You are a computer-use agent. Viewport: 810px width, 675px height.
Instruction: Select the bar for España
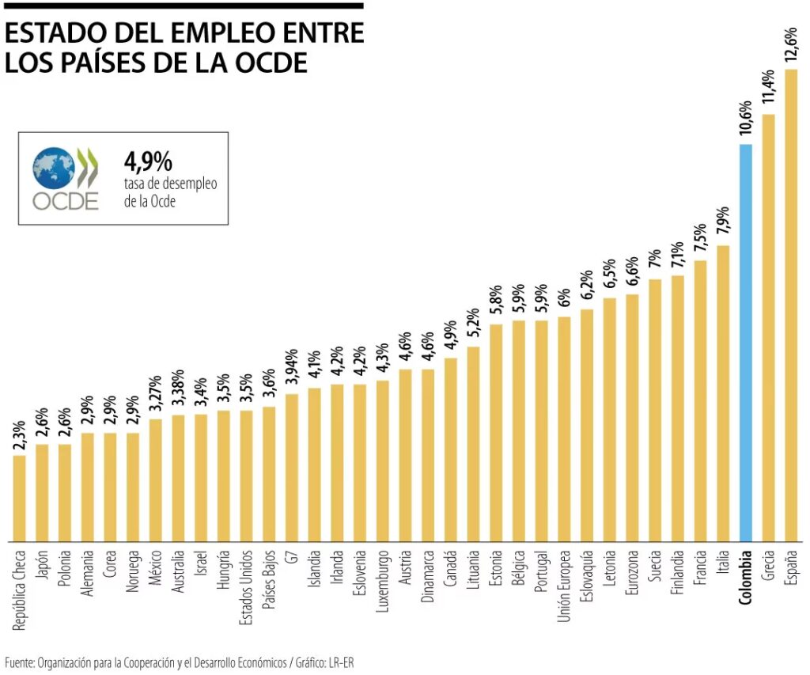(790, 305)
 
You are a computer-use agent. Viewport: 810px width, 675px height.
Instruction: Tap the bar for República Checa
(20, 499)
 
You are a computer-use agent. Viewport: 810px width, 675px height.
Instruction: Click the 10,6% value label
(745, 119)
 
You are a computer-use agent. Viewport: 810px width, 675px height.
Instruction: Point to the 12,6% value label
(790, 44)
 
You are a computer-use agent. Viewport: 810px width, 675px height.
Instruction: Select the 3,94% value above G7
(292, 368)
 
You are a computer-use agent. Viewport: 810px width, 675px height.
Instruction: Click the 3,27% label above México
(156, 393)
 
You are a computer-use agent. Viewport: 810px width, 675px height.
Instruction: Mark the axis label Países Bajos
(270, 582)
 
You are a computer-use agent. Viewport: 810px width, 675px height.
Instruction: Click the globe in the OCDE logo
(54, 167)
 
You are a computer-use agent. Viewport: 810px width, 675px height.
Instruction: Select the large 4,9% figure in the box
(148, 162)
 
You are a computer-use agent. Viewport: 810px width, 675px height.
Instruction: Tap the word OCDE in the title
(271, 63)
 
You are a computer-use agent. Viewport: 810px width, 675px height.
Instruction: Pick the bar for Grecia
(767, 328)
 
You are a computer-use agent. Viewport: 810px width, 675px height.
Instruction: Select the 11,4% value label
(767, 89)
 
